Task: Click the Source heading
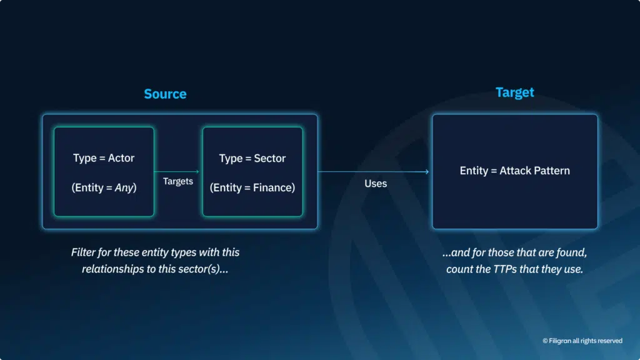click(x=165, y=94)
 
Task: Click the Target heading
click(x=514, y=92)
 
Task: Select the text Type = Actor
click(x=104, y=158)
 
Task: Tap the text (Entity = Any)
click(x=104, y=187)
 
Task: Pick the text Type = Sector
click(x=252, y=158)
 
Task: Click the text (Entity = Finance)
click(x=252, y=187)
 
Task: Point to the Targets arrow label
click(x=178, y=181)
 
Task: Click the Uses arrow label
click(x=376, y=183)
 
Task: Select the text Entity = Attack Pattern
click(x=514, y=171)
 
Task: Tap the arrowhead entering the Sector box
click(x=197, y=171)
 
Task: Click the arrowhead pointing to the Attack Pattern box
click(x=427, y=171)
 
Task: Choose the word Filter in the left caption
click(x=84, y=252)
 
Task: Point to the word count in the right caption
click(x=461, y=270)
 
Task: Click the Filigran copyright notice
click(x=582, y=341)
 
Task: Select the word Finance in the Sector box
click(x=273, y=187)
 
